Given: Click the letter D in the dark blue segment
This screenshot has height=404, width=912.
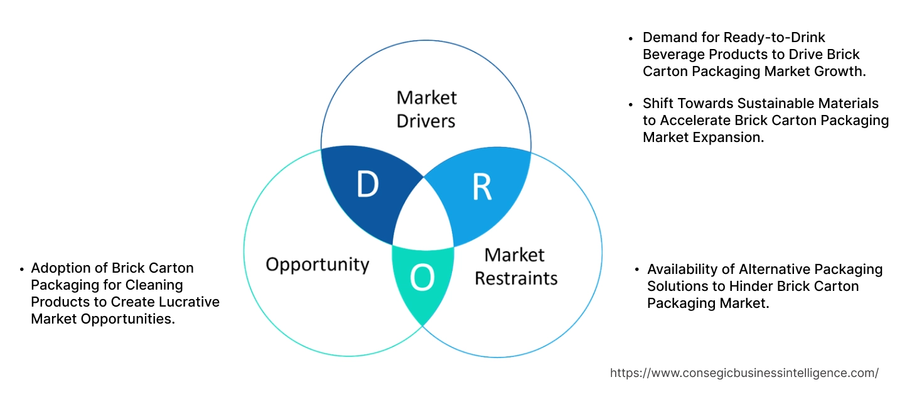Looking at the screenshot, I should tap(368, 185).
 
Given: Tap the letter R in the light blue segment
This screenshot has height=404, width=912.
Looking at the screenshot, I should tap(481, 187).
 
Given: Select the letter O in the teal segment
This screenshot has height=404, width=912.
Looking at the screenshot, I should tap(422, 278).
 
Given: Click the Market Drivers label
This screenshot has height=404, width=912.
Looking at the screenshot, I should tap(427, 109).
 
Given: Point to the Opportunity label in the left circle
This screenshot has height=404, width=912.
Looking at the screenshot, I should tap(318, 264).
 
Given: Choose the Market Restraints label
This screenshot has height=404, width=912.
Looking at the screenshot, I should tap(515, 266).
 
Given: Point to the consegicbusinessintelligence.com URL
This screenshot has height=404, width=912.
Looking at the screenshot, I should tap(744, 373).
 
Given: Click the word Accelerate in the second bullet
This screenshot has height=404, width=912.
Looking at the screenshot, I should tap(691, 120).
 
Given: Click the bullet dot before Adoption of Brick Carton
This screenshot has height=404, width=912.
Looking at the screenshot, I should tap(23, 268).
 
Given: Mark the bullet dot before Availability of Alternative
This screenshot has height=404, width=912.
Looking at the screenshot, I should tap(638, 270).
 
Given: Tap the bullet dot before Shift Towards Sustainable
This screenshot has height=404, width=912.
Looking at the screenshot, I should tap(632, 104).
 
